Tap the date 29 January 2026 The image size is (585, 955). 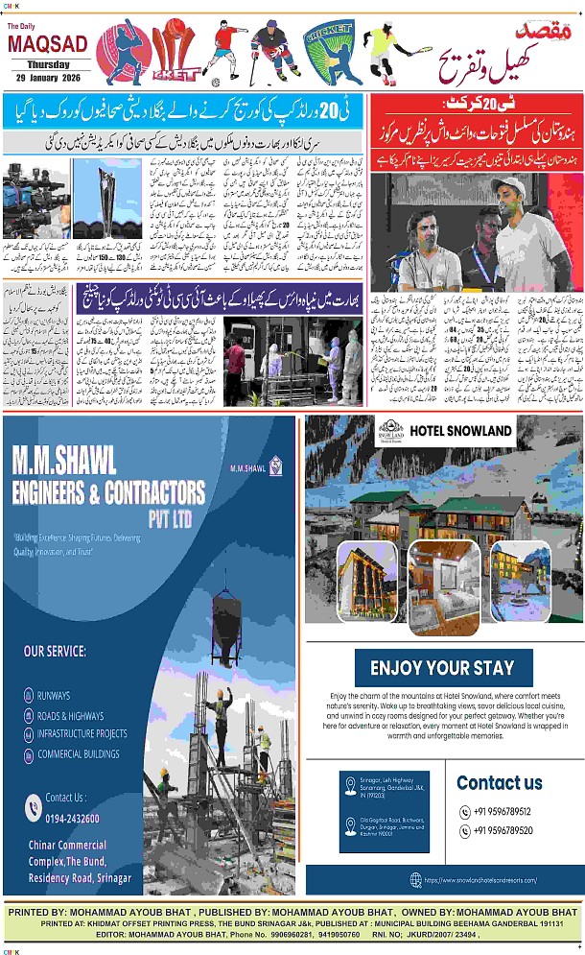coord(47,76)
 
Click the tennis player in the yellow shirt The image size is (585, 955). coord(385,53)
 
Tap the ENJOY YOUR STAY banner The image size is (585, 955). coord(443,668)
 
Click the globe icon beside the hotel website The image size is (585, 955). coord(414,879)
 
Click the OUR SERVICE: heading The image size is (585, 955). coord(56,652)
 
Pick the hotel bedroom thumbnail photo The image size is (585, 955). coord(444,575)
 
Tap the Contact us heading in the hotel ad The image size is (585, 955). coord(500,782)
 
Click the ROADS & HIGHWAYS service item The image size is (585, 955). coord(71,715)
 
